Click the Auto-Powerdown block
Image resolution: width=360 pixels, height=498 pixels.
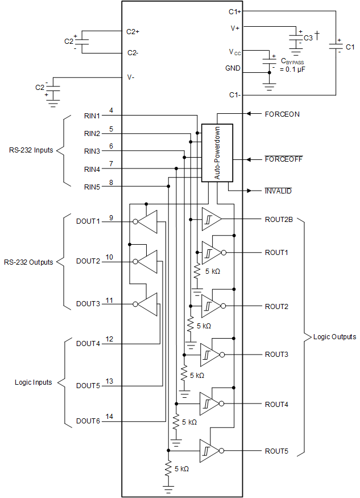pos(217,153)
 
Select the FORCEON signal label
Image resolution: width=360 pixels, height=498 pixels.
pos(282,114)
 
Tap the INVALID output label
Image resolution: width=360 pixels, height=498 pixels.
pos(278,191)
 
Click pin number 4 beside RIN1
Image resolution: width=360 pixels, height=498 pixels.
pos(111,110)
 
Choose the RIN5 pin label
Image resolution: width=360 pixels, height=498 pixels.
pos(92,187)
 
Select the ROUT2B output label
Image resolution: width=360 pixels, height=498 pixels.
pos(279,219)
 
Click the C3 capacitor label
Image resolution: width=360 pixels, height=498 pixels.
pos(308,38)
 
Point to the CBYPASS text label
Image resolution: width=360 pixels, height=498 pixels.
pos(293,61)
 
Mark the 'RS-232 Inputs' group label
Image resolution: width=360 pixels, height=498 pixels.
pos(31,151)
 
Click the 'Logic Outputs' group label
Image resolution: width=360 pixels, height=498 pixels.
pos(334,337)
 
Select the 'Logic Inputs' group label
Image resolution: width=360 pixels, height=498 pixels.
pos(33,382)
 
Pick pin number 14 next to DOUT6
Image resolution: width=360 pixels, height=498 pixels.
pos(110,417)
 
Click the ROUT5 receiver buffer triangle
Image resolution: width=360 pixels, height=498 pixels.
pos(208,451)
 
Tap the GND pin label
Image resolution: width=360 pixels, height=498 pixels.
pos(233,68)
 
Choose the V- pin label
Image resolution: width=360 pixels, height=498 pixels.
pos(130,77)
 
